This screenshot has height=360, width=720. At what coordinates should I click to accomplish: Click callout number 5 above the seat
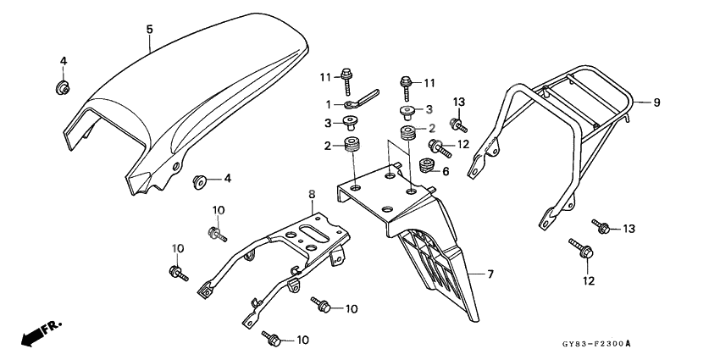click(149, 30)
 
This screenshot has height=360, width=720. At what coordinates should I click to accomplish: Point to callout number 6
click(446, 170)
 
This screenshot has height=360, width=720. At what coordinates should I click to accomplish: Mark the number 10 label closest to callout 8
click(218, 209)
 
